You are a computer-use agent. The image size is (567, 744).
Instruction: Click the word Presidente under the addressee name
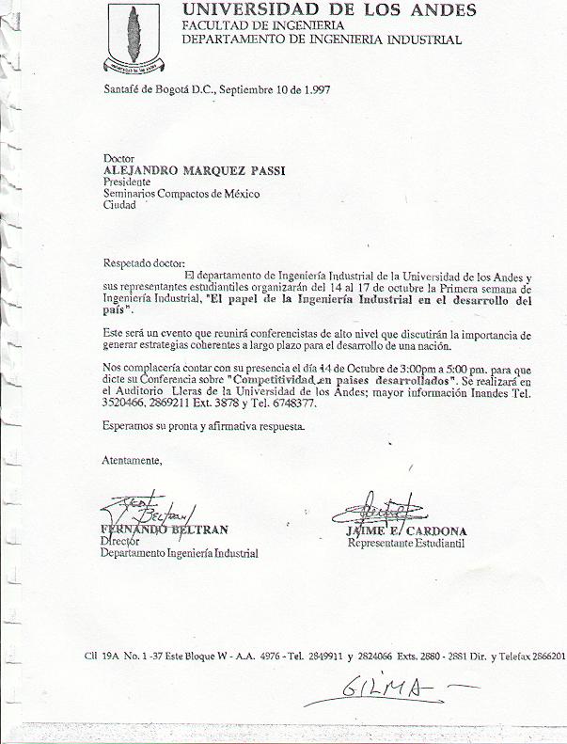click(125, 182)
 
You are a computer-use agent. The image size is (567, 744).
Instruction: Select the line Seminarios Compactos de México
click(181, 194)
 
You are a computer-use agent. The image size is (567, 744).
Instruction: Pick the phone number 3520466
click(125, 404)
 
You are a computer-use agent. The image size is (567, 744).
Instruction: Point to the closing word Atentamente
click(132, 460)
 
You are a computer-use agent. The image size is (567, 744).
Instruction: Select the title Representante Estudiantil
click(406, 543)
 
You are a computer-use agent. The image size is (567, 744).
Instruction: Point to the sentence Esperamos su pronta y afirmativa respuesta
click(203, 427)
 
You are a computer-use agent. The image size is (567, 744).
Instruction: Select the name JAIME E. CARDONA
click(400, 531)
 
